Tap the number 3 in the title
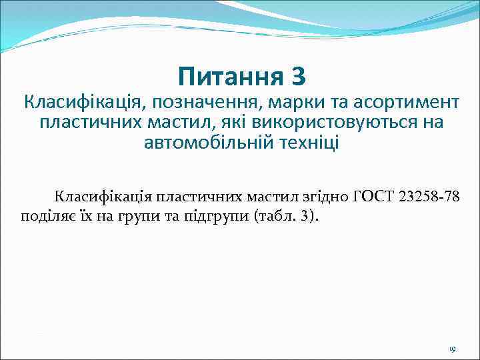click(299, 78)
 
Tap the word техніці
click(307, 143)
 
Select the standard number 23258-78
click(428, 197)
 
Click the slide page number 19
click(451, 349)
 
